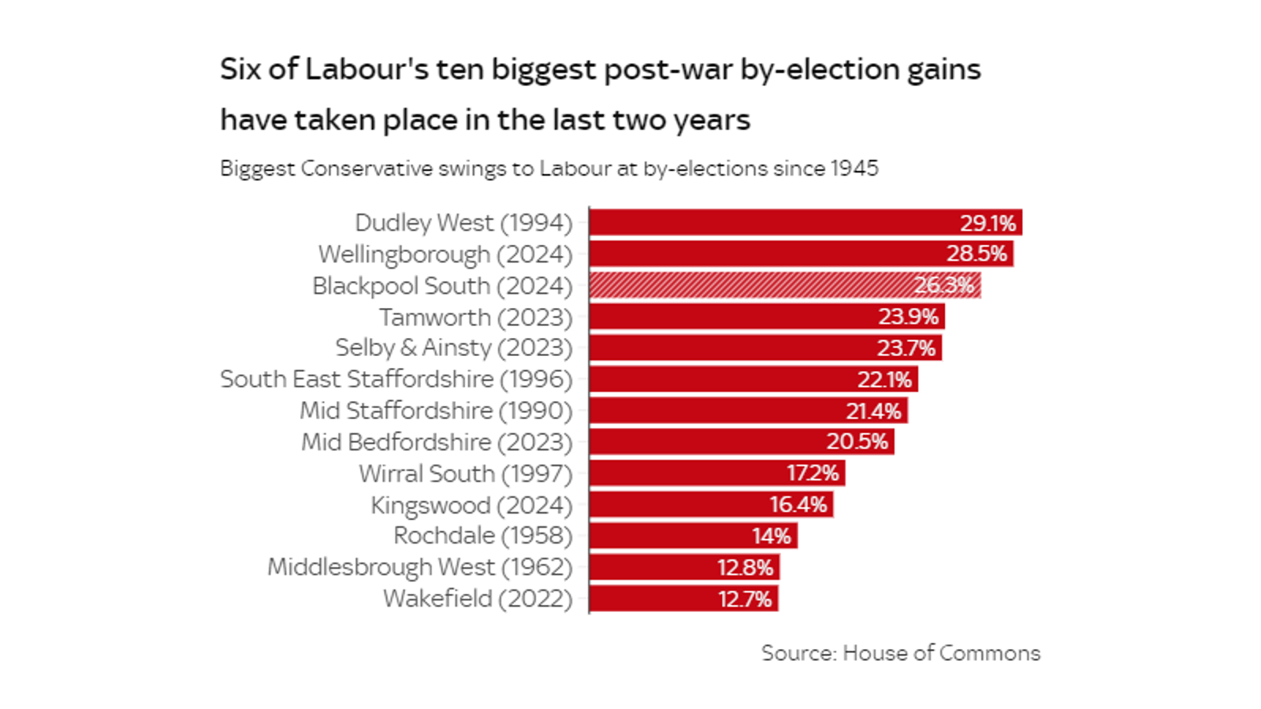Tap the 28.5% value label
click(x=976, y=254)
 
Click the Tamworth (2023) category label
click(x=475, y=317)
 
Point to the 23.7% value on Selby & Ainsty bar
click(x=906, y=348)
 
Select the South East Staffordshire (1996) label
click(x=396, y=379)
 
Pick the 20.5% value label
click(x=857, y=442)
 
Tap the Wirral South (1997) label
click(x=465, y=473)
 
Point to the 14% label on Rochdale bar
click(x=771, y=536)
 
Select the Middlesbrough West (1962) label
click(x=419, y=567)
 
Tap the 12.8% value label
click(x=745, y=568)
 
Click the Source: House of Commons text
click(x=900, y=653)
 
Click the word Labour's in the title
click(x=367, y=69)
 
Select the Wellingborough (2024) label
click(x=445, y=254)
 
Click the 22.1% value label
click(x=884, y=380)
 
